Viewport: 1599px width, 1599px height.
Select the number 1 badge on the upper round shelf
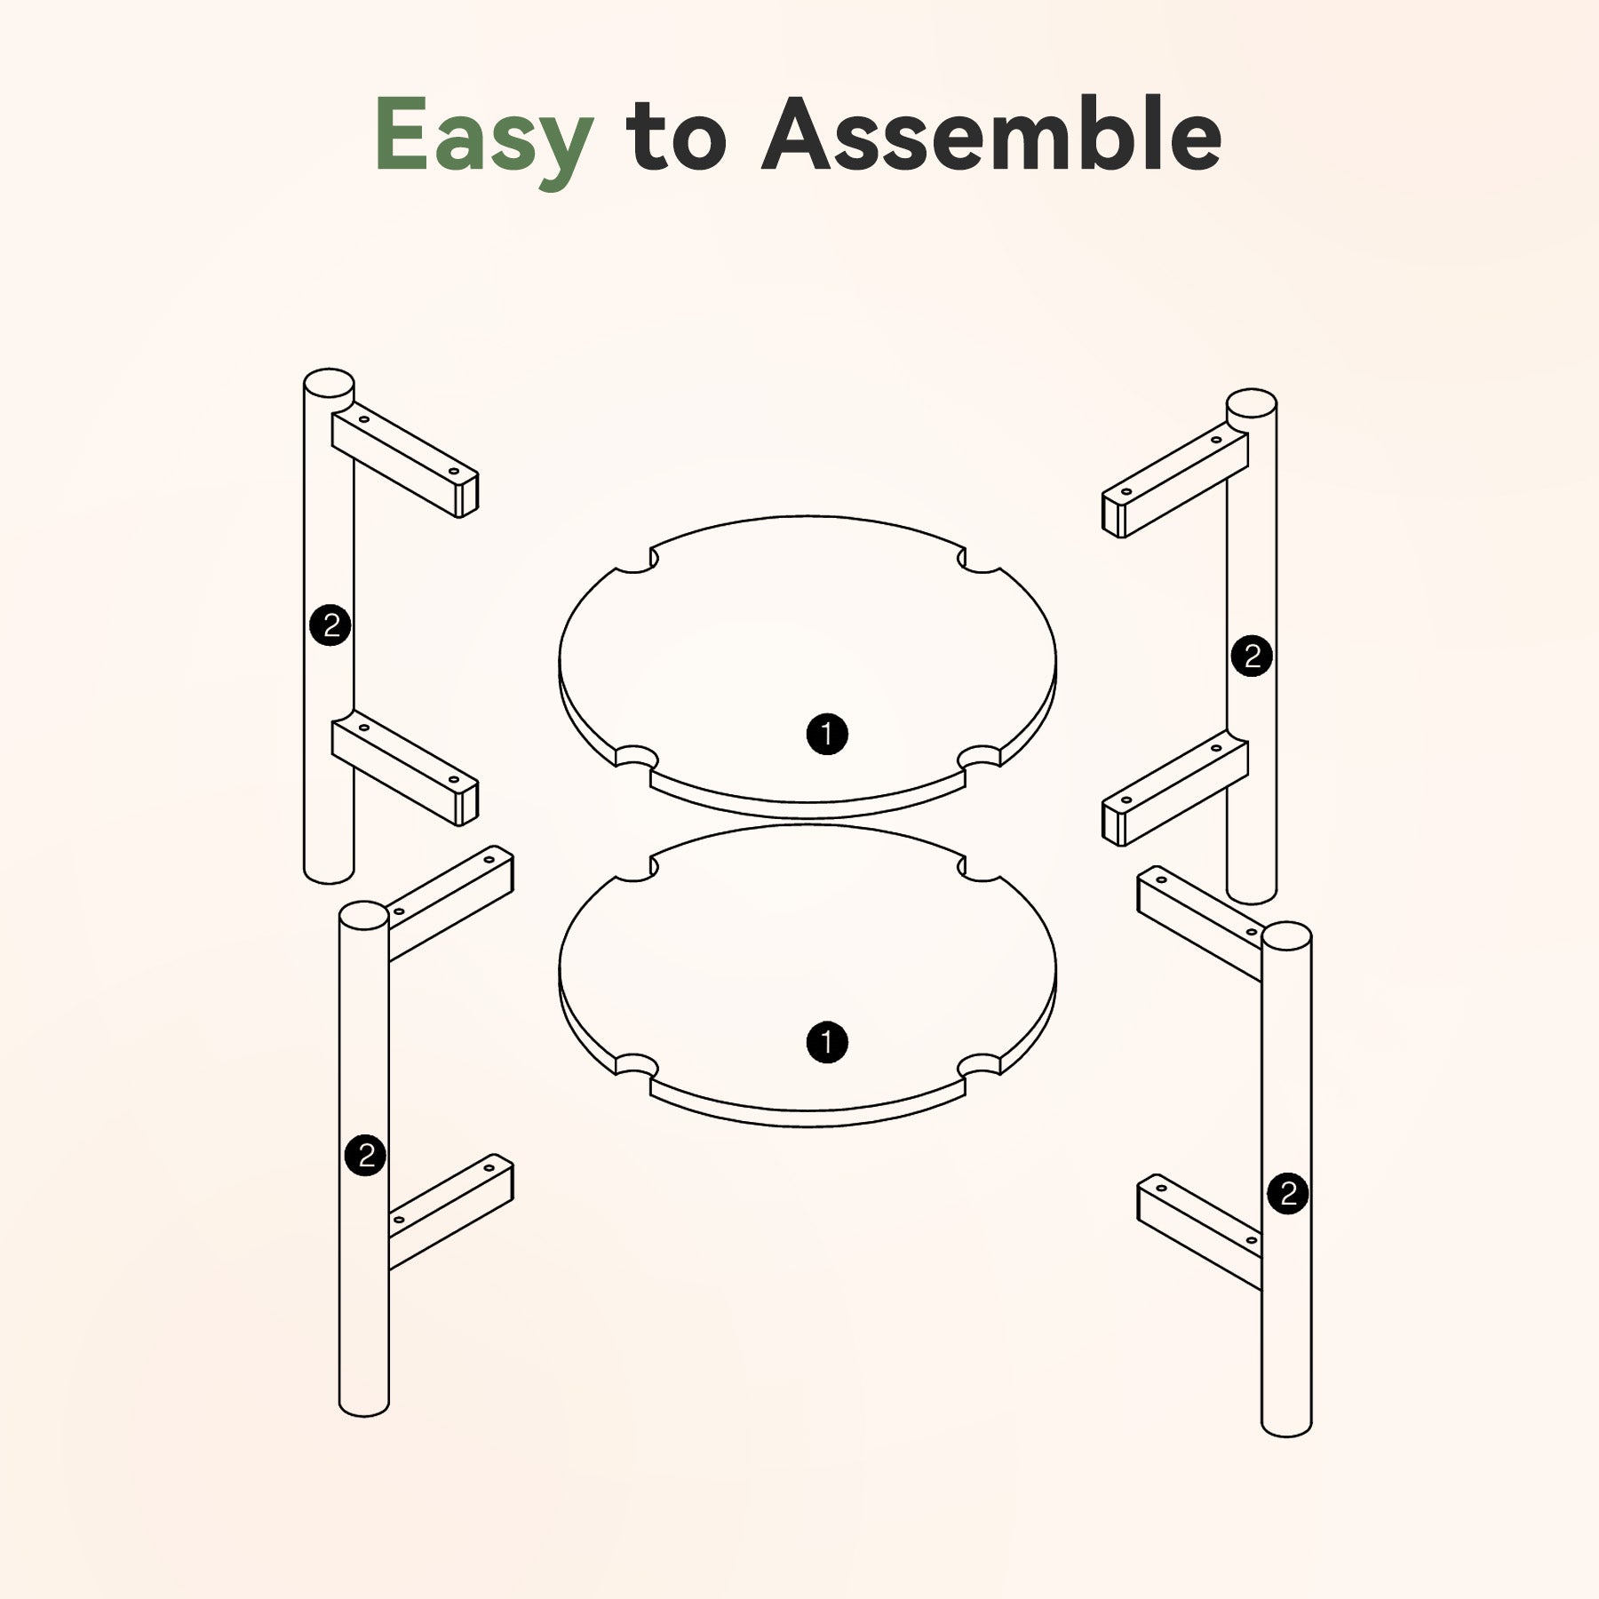coord(827,735)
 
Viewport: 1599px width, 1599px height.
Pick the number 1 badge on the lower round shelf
coord(827,1042)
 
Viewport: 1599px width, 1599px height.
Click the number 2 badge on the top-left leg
coord(330,626)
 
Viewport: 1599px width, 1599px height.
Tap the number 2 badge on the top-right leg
coord(1252,656)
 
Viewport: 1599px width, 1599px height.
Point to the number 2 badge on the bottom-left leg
coord(365,1156)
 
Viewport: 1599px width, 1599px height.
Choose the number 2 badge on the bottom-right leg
coord(1288,1193)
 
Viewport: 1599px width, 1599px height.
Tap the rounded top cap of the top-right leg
coord(1252,405)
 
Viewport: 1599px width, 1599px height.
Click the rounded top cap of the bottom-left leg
coord(364,917)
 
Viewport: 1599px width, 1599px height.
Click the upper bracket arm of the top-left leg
coord(405,462)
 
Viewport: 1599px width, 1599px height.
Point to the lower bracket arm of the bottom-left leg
coord(450,1211)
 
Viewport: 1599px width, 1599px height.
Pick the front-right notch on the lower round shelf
coord(981,1063)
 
